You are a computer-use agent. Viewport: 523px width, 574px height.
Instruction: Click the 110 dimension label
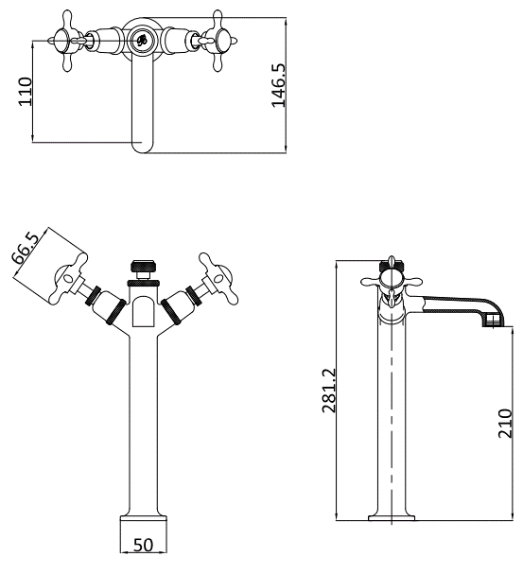pos(26,92)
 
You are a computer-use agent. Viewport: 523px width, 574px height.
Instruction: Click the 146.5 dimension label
pos(278,86)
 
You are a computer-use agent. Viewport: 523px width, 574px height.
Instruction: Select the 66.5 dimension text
pos(26,248)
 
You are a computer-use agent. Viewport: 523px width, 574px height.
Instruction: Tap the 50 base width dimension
pos(143,545)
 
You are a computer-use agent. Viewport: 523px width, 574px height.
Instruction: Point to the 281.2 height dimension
pos(329,391)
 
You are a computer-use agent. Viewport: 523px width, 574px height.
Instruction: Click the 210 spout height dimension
pos(505,424)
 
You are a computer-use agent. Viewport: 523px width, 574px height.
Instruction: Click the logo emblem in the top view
pos(142,39)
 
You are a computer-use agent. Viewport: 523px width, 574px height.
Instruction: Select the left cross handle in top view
pos(67,41)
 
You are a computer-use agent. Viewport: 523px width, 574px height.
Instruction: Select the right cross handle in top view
pos(218,41)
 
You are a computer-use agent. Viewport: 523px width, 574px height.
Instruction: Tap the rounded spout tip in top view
pos(143,146)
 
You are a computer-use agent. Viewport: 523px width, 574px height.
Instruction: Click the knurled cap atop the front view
pos(144,266)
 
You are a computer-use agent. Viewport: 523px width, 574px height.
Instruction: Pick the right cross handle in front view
pos(217,278)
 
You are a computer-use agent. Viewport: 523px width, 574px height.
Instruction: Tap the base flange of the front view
pos(143,518)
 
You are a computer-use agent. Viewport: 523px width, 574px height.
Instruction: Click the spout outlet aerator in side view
pos(493,322)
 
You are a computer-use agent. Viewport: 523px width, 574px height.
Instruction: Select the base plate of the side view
pos(392,518)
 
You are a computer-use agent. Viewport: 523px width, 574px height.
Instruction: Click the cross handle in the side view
pos(392,282)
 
